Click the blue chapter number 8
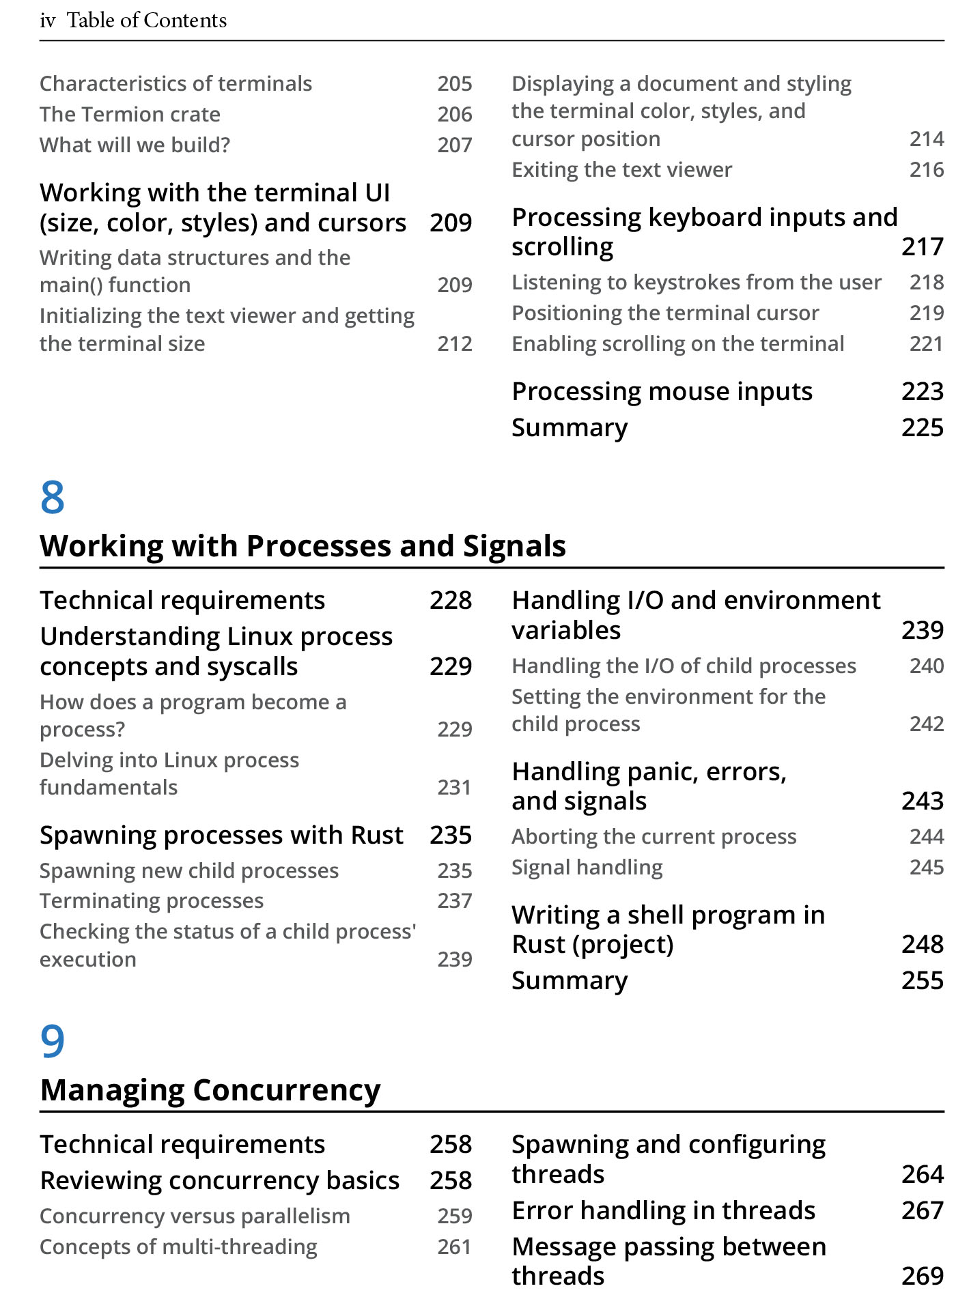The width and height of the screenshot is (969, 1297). (x=53, y=497)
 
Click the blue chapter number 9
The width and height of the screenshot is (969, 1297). (x=53, y=1041)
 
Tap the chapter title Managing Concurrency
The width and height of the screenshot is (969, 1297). (x=210, y=1090)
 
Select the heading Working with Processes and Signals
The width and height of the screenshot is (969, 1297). (x=303, y=546)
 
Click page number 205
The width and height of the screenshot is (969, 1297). (x=455, y=83)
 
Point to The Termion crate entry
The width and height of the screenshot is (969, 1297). (x=130, y=114)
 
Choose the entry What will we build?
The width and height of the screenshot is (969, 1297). (x=135, y=145)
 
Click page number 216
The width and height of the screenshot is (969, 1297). (x=927, y=169)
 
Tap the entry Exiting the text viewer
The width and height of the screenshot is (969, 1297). (x=622, y=169)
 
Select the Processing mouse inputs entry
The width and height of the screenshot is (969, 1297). (x=662, y=392)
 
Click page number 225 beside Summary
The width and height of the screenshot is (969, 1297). (x=923, y=428)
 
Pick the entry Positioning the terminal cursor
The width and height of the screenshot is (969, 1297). (x=666, y=313)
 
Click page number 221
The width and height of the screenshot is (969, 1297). (x=927, y=343)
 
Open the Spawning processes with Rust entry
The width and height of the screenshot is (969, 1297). (x=222, y=836)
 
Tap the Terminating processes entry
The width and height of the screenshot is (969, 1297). (x=152, y=901)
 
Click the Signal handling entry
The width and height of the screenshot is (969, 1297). (x=587, y=867)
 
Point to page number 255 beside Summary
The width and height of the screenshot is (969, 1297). (x=923, y=981)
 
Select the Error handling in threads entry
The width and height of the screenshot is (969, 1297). (x=664, y=1210)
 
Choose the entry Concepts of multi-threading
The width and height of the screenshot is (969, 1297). (x=178, y=1246)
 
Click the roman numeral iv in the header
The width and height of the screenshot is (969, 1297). (x=47, y=20)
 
